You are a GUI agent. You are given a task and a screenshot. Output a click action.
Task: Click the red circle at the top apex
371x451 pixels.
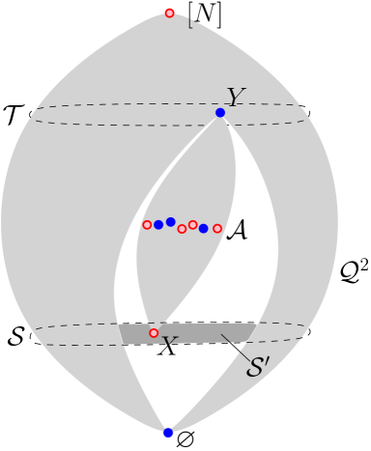coord(170,13)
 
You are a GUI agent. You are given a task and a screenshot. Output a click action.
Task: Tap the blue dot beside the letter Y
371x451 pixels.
coord(220,113)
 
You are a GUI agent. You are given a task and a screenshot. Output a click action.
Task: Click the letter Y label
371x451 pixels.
coord(235,98)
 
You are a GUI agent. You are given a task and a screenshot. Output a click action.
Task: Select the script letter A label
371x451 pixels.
coord(236,230)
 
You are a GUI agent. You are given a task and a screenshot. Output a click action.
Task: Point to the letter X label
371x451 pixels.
coord(168,347)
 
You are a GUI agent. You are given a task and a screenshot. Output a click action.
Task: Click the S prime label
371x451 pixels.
coord(258,367)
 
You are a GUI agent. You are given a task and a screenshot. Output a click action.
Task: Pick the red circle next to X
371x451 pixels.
coord(154,333)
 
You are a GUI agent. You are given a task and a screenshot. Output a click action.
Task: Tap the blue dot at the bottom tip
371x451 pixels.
coord(168,433)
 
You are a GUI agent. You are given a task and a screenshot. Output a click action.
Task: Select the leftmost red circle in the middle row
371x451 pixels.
coord(147,225)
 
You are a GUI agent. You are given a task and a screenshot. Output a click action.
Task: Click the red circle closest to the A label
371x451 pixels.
coord(217,229)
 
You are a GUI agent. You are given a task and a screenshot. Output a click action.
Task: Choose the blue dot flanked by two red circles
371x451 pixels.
coord(204,229)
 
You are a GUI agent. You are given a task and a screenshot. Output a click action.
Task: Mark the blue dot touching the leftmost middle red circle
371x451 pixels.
coord(158,225)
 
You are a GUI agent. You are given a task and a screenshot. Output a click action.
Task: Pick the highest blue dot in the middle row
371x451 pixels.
coord(171,222)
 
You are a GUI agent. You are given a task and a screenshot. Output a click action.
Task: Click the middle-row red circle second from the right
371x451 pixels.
coord(193,225)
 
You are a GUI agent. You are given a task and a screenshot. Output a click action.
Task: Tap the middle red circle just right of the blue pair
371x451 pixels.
coord(182,229)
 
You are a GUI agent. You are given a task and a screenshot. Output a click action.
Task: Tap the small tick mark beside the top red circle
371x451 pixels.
coord(190,20)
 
